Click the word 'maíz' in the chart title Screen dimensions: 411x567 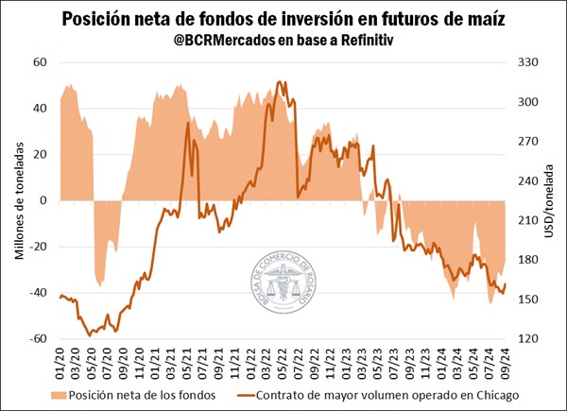click(486, 20)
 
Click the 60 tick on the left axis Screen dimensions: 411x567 click(41, 62)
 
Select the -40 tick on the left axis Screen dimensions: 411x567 click(37, 293)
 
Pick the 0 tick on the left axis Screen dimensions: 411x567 click(43, 200)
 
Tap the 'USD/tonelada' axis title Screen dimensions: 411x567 click(551, 200)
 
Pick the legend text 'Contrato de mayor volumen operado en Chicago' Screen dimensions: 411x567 click(389, 394)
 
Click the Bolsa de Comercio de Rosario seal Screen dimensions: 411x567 click(283, 283)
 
